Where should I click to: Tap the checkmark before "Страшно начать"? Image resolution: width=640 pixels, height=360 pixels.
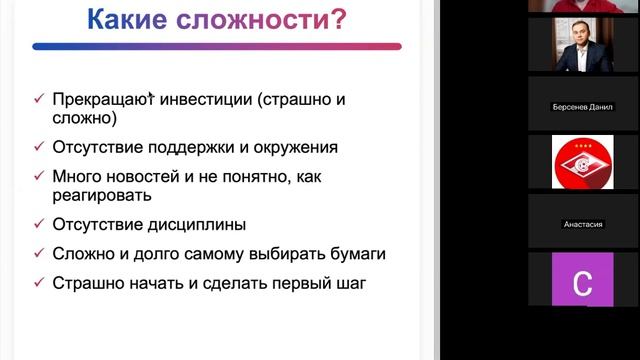pyautogui.click(x=38, y=283)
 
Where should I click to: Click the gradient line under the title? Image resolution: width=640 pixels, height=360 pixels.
pyautogui.click(x=216, y=46)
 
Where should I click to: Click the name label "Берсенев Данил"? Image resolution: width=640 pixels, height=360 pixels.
pyautogui.click(x=583, y=107)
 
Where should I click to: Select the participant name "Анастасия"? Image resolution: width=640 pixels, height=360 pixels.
pyautogui.click(x=583, y=224)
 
